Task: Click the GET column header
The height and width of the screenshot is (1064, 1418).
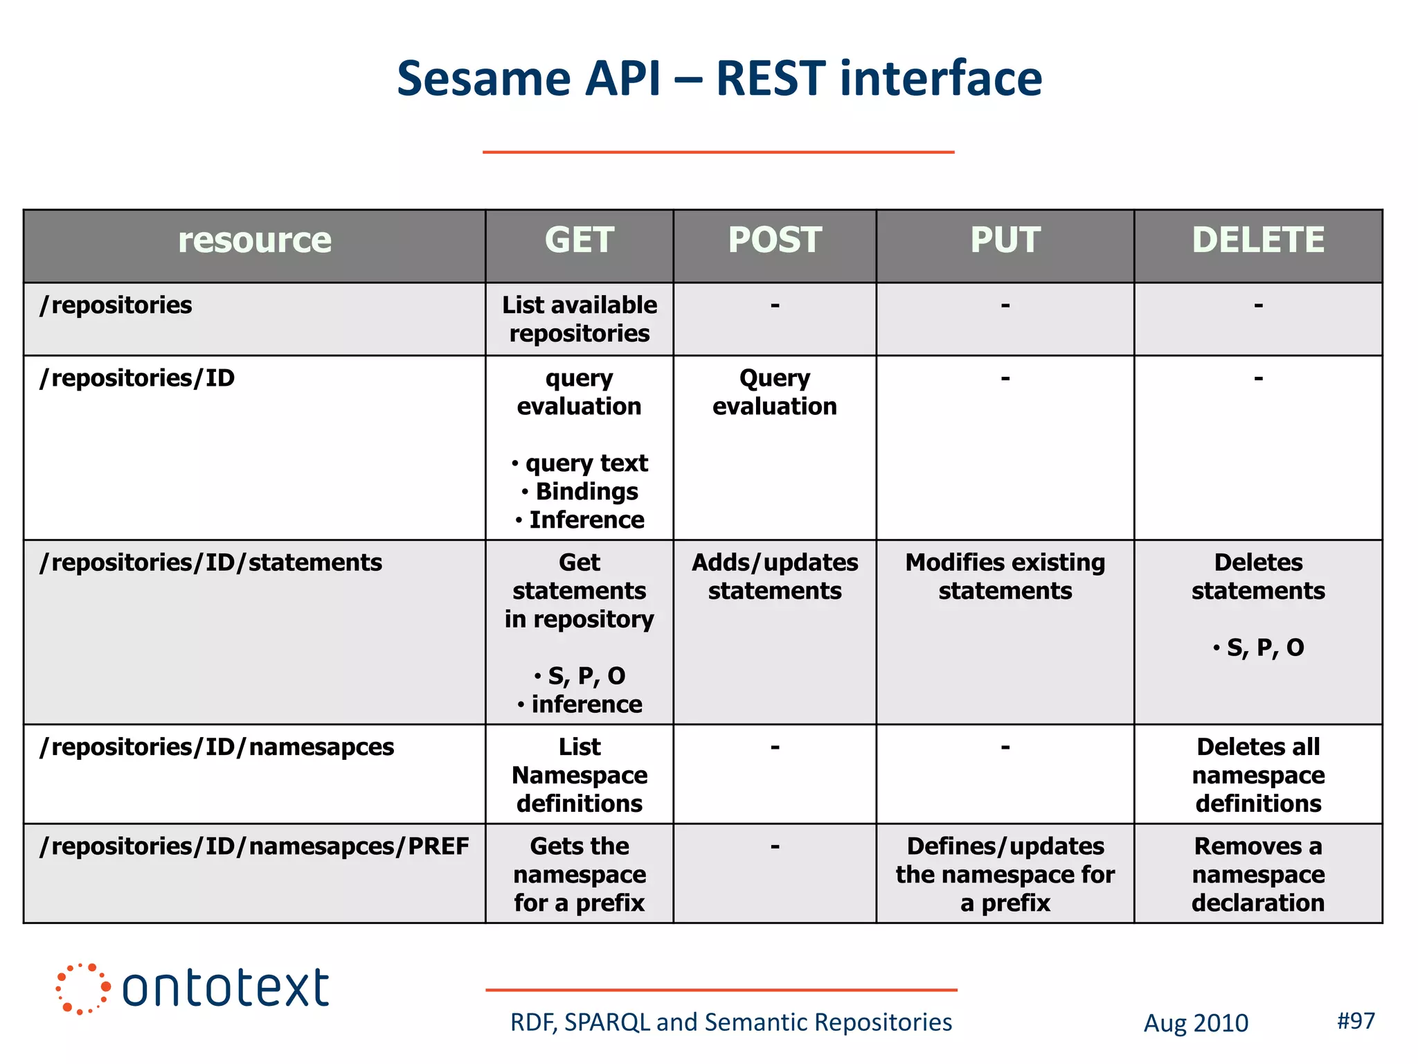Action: point(579,240)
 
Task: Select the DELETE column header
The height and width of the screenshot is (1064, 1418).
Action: point(1257,240)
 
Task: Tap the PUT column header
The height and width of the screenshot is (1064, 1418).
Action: point(1005,240)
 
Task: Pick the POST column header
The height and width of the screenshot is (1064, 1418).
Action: point(774,240)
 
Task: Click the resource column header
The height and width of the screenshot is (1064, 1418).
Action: point(254,240)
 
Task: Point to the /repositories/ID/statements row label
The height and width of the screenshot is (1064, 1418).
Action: point(210,562)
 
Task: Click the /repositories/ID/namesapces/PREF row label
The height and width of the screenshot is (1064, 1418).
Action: point(254,846)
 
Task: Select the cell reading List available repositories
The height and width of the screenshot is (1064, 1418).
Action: point(579,319)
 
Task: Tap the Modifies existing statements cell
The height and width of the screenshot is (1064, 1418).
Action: point(1005,576)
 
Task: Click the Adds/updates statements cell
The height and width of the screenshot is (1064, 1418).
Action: point(774,576)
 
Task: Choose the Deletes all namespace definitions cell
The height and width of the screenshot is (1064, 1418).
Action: point(1257,774)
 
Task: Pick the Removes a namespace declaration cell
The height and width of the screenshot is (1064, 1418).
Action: point(1257,874)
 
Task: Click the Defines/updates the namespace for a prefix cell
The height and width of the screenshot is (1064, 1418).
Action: point(1005,874)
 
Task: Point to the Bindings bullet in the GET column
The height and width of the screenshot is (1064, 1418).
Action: point(586,491)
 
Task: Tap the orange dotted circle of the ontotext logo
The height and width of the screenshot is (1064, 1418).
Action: point(82,988)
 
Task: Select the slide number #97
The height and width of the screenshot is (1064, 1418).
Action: point(1355,1020)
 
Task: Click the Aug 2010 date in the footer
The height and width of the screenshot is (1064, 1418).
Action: point(1195,1023)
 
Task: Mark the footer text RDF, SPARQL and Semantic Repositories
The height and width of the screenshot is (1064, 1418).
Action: point(730,1022)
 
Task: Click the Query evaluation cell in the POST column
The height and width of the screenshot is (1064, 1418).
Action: point(774,392)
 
